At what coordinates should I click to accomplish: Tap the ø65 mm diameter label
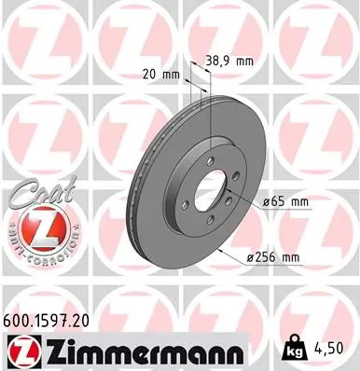click(x=286, y=200)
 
